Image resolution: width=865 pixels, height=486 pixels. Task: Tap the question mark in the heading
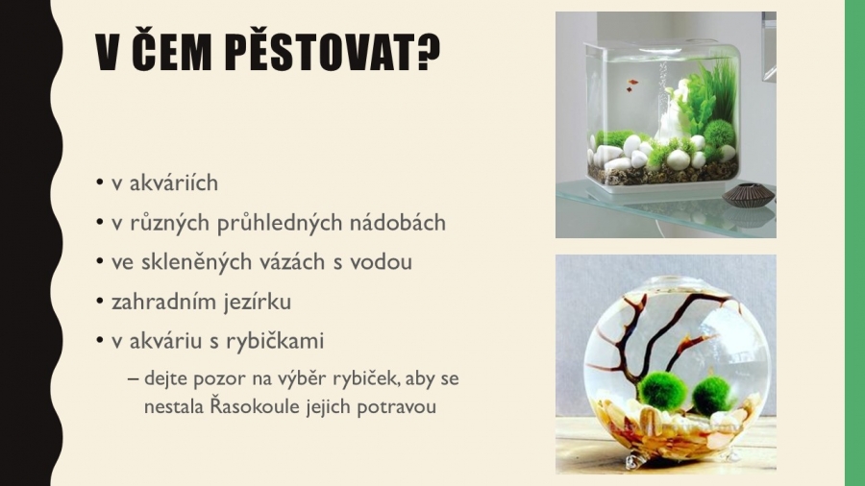429,53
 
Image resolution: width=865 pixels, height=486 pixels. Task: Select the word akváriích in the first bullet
174,182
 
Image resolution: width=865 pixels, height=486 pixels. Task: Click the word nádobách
398,223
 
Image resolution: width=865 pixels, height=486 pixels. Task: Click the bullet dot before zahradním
100,301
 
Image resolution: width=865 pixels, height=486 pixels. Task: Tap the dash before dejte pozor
133,379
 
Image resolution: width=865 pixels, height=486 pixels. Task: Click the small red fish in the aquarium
632,85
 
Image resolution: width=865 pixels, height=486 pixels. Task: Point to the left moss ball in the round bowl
662,390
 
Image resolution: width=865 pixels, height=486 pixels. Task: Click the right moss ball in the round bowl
710,396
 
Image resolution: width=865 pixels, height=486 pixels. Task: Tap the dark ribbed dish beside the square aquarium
748,196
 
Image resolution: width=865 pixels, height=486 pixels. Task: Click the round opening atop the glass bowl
680,282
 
